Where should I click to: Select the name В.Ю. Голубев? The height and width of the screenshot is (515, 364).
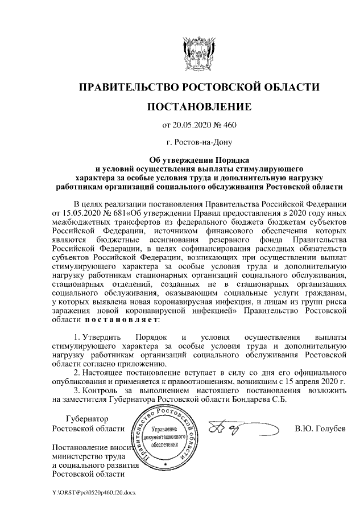tap(320, 428)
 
